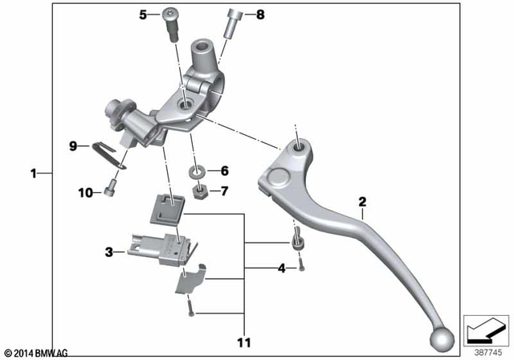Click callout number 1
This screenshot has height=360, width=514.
click(34, 173)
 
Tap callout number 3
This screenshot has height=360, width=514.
click(108, 252)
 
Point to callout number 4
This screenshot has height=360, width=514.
click(280, 268)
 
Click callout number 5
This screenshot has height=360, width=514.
click(145, 14)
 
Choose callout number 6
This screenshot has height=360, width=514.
click(224, 170)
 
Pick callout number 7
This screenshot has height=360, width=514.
click(224, 191)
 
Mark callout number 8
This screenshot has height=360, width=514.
click(259, 14)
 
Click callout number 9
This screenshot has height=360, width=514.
click(72, 146)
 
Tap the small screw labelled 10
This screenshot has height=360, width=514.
click(110, 192)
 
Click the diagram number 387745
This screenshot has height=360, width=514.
click(484, 350)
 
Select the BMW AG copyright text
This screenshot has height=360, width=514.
click(35, 352)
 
